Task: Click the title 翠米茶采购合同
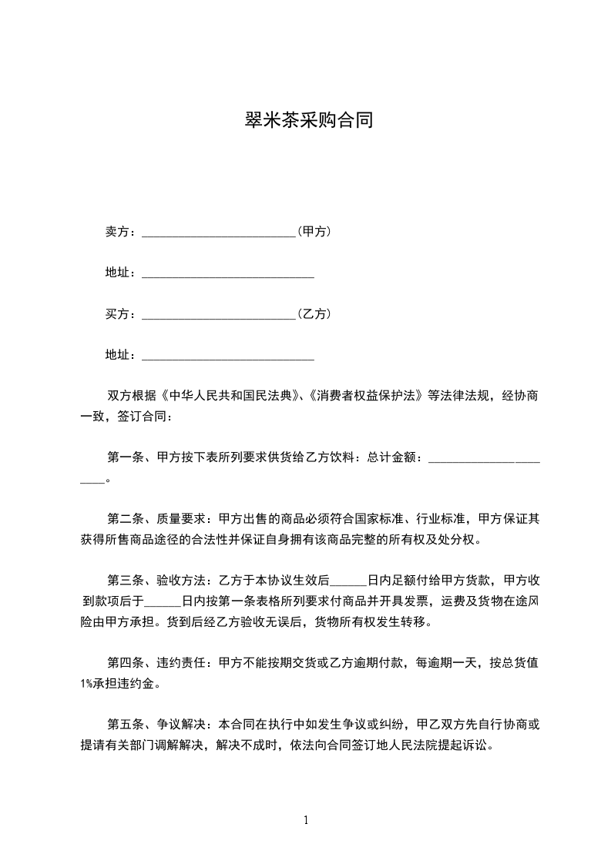click(x=307, y=121)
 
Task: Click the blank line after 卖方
click(x=219, y=233)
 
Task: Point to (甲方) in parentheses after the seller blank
click(x=314, y=231)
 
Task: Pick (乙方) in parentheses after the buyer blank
click(x=314, y=314)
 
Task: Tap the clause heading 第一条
click(x=126, y=457)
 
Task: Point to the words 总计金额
click(x=393, y=457)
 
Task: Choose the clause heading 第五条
click(x=126, y=725)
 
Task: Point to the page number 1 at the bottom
click(x=306, y=820)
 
